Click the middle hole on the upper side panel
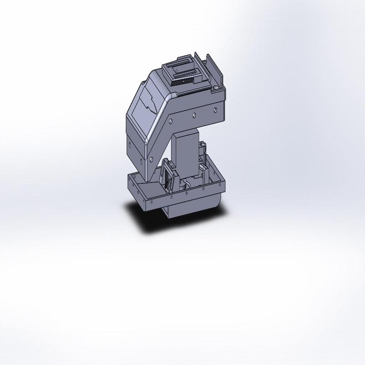(193, 115)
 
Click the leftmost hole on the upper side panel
(171, 122)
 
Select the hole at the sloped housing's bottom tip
(150, 160)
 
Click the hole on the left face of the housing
(130, 146)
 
